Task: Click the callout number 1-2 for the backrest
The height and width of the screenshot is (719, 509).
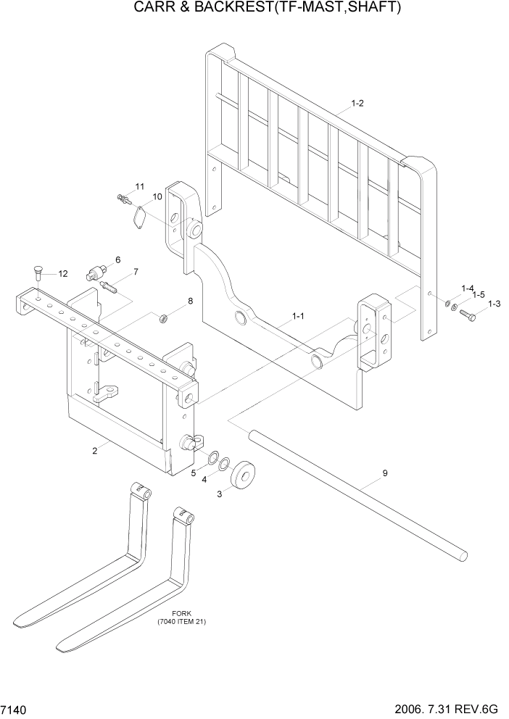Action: click(357, 104)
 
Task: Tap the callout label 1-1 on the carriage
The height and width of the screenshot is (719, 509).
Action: click(298, 316)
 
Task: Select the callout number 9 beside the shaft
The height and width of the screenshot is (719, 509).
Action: click(385, 473)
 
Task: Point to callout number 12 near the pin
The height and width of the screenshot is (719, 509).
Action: click(62, 274)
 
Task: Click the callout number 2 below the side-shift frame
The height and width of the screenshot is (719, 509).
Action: click(94, 451)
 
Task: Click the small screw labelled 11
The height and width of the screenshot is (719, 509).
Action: click(123, 197)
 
